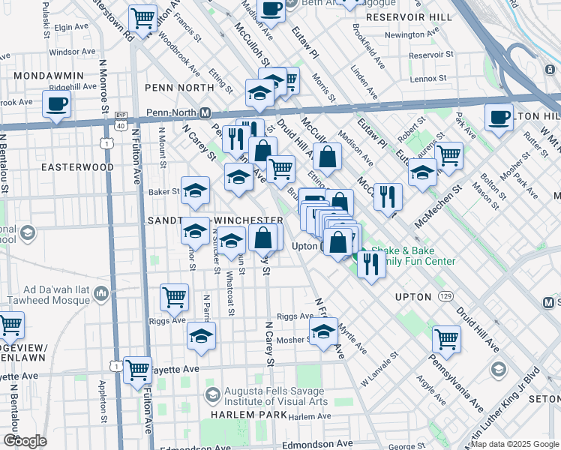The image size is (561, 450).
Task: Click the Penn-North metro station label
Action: [172, 112]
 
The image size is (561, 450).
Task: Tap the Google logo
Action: [25, 440]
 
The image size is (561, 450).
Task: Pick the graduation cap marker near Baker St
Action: [195, 190]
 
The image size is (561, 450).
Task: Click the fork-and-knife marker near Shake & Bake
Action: [371, 263]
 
